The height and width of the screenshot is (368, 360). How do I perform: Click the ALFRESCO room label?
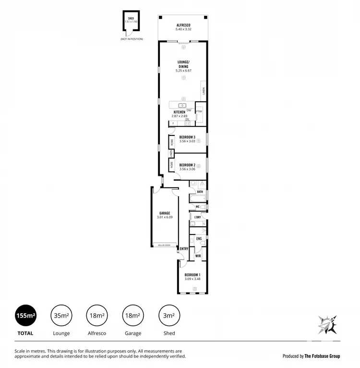pos(183,25)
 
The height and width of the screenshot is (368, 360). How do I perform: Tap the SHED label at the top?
pos(128,18)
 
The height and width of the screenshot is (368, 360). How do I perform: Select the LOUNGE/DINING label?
pos(183,64)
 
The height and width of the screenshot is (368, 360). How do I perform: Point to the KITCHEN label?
pos(179,112)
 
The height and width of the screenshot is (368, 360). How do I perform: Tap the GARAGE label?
pos(165,213)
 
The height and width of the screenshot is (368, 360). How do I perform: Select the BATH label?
pos(200,192)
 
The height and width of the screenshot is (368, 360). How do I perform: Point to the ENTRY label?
pos(184,248)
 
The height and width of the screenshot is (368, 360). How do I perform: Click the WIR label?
pos(198,256)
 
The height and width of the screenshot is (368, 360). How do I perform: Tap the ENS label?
pos(199,238)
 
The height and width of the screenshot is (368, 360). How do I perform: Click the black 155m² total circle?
pos(25,316)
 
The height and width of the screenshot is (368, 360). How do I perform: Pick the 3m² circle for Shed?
pos(168,316)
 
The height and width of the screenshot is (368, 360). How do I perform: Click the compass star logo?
pos(328,325)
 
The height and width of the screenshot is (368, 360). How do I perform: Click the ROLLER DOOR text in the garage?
pos(164,245)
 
